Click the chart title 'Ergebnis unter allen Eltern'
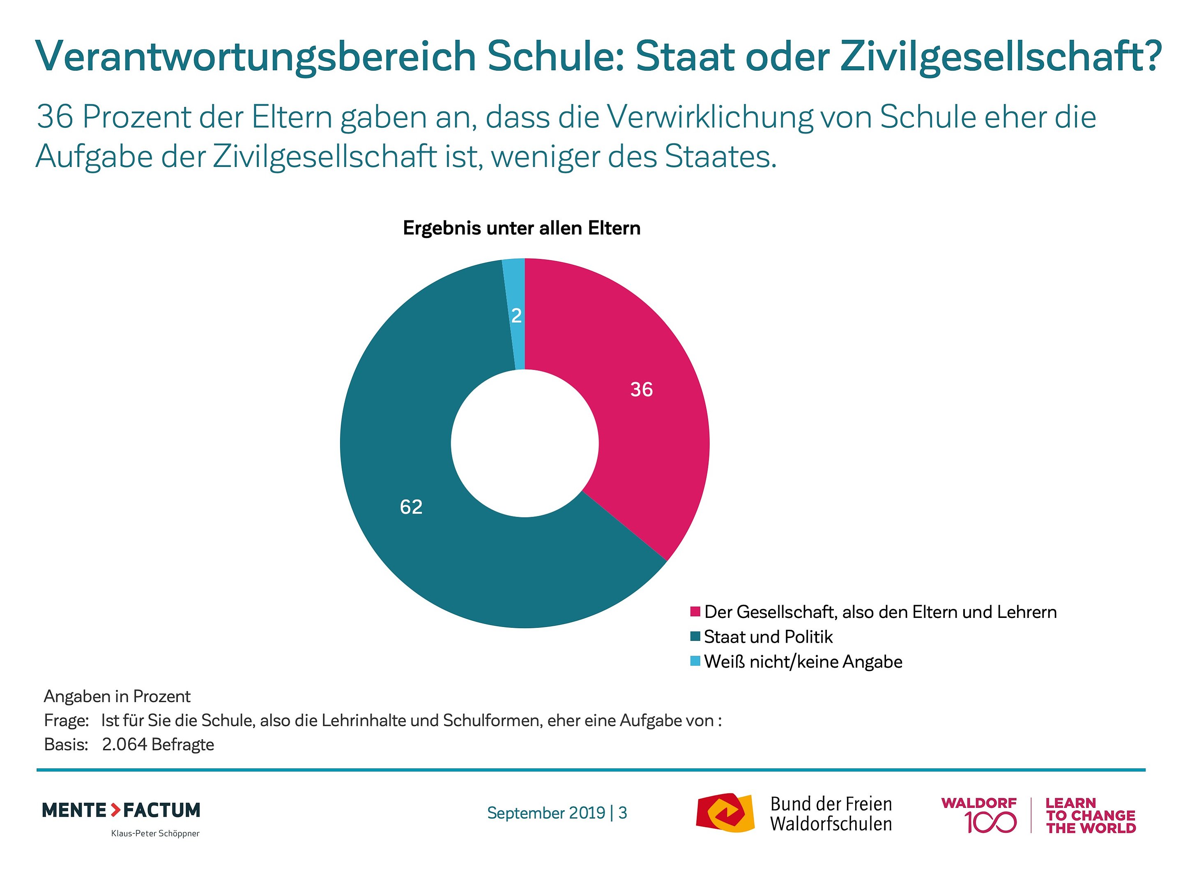pos(521,229)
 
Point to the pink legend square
pos(695,612)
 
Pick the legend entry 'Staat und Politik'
pos(768,637)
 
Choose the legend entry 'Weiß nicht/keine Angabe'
pos(802,662)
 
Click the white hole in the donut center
pos(525,443)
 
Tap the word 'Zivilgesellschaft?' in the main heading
pos(1000,56)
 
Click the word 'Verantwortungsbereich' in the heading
pos(255,56)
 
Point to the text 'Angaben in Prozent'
pos(117,696)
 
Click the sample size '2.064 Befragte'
pos(158,745)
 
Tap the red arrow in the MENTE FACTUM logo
pos(115,810)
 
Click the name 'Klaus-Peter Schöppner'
pos(155,833)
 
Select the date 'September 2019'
pos(545,813)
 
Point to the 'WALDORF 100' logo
pos(979,815)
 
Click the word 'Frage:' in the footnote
pos(66,720)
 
